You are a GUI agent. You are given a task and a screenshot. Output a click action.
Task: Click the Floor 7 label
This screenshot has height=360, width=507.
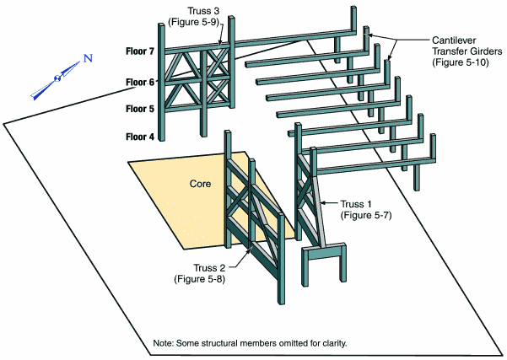(x=140, y=51)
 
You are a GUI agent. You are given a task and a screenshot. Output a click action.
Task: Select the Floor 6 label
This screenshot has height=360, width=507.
(x=140, y=82)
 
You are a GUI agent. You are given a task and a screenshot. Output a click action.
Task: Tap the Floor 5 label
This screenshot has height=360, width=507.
(x=140, y=109)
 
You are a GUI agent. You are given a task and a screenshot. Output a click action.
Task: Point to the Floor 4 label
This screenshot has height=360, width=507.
(x=140, y=137)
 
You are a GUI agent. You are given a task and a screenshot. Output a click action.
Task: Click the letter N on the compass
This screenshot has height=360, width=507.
(x=87, y=59)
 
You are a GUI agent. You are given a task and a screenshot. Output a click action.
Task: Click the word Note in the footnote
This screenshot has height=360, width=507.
(x=165, y=342)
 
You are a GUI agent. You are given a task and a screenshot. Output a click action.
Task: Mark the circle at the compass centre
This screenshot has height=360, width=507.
(x=57, y=78)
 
